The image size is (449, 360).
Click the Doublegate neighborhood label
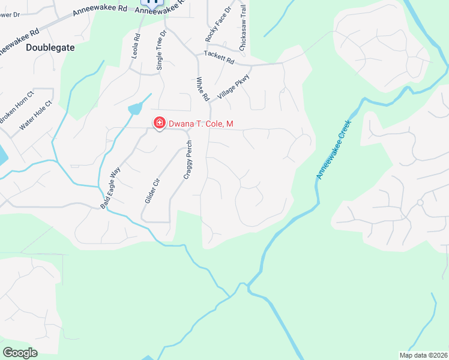pos(50,47)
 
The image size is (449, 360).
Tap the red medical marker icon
pos(159,123)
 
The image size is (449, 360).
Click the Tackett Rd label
pos(218,58)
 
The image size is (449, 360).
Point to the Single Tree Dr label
pos(160,50)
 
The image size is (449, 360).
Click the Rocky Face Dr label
pos(210,23)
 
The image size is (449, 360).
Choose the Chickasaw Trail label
pos(243,21)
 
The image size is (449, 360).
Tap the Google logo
pos(20,353)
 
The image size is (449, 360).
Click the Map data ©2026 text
pos(423,355)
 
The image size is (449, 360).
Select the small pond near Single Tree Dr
pos(135,109)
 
